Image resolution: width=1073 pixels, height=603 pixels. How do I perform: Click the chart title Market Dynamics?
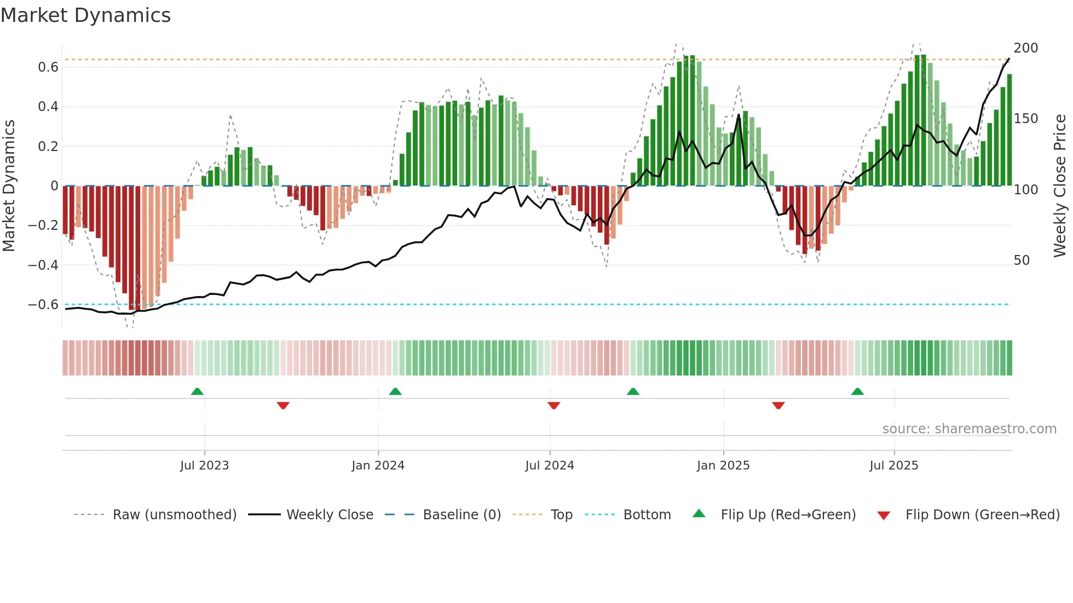coord(85,15)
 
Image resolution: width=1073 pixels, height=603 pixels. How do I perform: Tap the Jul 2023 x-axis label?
coord(204,466)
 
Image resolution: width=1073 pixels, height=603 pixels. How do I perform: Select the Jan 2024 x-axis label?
coord(378,466)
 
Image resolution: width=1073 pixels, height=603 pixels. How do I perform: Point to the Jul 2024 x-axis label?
coord(550,466)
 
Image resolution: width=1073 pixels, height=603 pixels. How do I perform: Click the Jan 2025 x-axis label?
coord(723,466)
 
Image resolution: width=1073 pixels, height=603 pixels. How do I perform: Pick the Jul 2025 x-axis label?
coord(893,466)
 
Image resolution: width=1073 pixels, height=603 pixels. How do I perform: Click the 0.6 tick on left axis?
coord(48,67)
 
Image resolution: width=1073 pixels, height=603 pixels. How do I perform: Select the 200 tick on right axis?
coord(1025,48)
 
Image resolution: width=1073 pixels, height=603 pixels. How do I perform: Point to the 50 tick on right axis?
coord(1022,260)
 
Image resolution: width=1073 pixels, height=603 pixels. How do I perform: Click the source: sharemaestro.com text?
coord(969,429)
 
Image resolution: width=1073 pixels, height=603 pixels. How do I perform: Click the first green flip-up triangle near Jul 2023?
coord(197,392)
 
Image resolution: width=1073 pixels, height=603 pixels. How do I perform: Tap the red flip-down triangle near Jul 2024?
coord(553,405)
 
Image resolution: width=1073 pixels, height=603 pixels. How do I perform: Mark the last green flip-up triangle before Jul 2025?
coord(857,392)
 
